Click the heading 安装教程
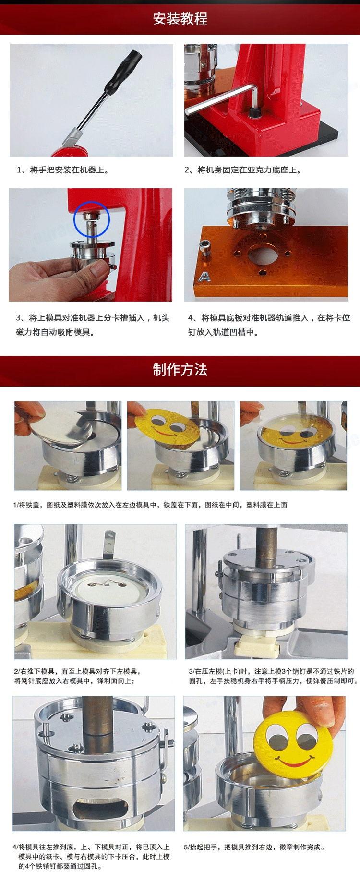pos(180,19)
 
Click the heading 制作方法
pos(180,370)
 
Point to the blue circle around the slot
pos(92,219)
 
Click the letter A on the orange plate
pos(204,277)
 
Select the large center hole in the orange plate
pos(262,254)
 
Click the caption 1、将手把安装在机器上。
pos(63,170)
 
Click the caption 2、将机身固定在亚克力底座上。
pos(243,170)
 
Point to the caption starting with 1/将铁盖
pos(150,505)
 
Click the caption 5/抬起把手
pos(254,847)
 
